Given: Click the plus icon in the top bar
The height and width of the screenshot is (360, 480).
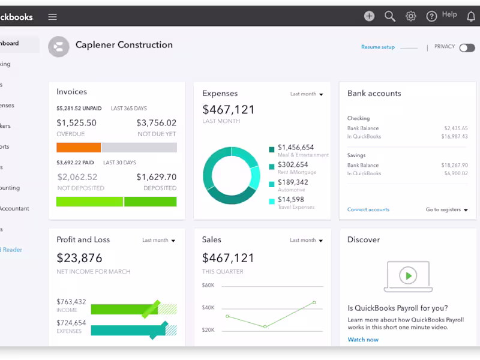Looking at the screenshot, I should (369, 16).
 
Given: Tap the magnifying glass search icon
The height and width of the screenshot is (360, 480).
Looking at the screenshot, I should (390, 16).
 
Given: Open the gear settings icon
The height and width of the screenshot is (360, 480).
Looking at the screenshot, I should (411, 16).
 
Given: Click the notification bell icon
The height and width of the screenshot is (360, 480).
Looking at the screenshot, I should (471, 16).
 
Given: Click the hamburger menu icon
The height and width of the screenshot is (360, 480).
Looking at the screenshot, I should (53, 17).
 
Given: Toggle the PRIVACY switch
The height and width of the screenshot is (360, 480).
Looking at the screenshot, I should (467, 47).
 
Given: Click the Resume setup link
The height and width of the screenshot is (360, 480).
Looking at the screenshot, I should (378, 47).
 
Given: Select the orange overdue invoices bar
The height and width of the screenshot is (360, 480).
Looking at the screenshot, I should (79, 148).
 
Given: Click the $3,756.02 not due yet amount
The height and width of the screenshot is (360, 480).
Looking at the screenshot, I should (156, 122).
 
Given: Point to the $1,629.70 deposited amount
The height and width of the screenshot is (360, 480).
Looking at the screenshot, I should (156, 177).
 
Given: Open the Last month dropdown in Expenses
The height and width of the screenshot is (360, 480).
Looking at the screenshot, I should (307, 94).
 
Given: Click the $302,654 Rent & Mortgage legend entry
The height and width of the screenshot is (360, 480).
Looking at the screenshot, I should (293, 164).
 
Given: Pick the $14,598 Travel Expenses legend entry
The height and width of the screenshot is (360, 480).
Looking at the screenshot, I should (291, 200).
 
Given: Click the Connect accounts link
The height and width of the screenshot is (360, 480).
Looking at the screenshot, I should (368, 209).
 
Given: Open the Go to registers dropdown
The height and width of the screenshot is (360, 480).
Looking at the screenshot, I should (447, 210).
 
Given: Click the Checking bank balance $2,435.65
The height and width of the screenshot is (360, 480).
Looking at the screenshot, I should (455, 128).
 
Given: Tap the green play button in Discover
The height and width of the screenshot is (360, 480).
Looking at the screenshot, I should (408, 275).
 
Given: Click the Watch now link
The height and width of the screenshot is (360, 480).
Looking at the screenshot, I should (363, 340).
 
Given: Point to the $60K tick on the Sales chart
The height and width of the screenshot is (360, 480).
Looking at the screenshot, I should (208, 285).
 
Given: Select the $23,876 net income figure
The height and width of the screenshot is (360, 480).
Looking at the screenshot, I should (79, 258).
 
